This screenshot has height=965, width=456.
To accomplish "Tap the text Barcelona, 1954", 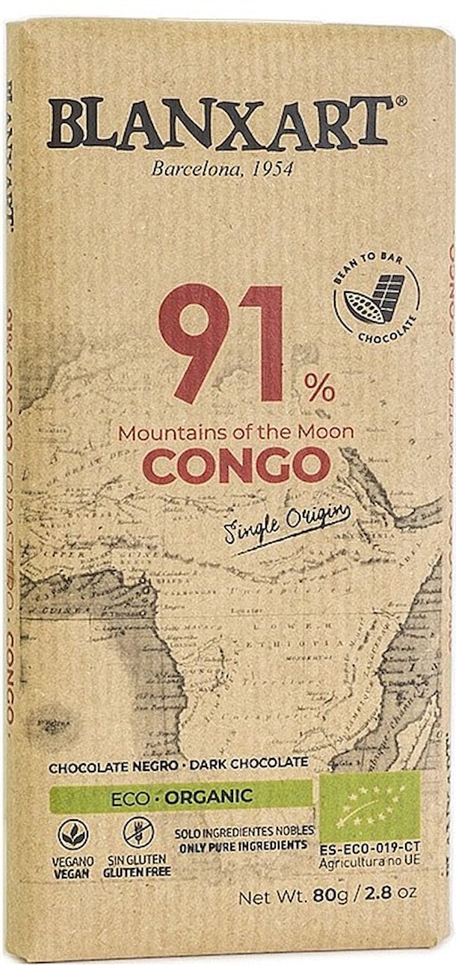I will [x=222, y=169].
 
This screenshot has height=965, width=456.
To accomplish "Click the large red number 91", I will [x=221, y=344].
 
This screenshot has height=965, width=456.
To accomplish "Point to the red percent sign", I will [x=319, y=388].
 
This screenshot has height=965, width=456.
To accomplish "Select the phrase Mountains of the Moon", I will [x=236, y=432].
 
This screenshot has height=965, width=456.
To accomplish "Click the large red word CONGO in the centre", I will [x=236, y=465].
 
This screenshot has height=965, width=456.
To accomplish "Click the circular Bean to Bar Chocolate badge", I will [x=376, y=299].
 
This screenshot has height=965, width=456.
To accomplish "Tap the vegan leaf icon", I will [x=73, y=834].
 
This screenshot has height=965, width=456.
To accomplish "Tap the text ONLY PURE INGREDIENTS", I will [x=243, y=845].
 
